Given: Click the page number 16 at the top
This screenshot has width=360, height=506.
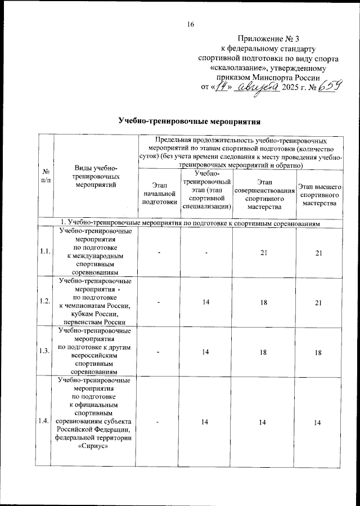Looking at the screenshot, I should pos(190,24).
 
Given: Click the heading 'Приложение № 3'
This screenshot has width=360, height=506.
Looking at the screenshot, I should pos(267,38).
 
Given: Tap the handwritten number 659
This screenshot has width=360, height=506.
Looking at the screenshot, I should pos(331,87).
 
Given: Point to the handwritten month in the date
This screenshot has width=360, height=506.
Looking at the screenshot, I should pos(259,88).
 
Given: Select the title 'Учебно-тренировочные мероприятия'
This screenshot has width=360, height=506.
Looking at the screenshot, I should pos(190,121).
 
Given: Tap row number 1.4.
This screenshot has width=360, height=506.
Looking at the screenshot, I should pos(45,421).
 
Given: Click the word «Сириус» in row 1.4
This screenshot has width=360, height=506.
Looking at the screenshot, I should pos(95,449).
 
